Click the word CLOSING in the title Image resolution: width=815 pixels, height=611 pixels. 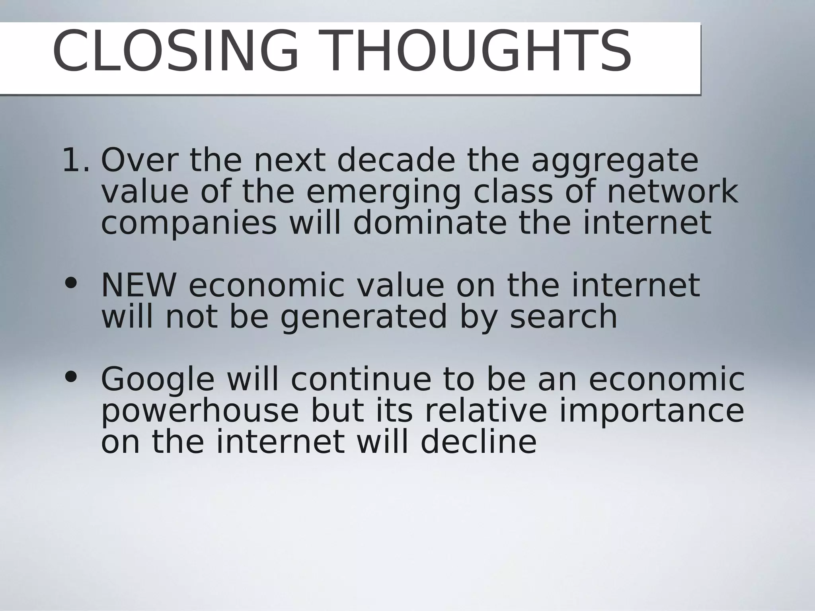pyautogui.click(x=175, y=52)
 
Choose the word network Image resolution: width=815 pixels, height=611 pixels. pyautogui.click(x=672, y=192)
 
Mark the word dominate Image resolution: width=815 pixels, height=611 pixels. pyautogui.click(x=430, y=223)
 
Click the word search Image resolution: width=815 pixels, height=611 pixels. pyautogui.click(x=563, y=317)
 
